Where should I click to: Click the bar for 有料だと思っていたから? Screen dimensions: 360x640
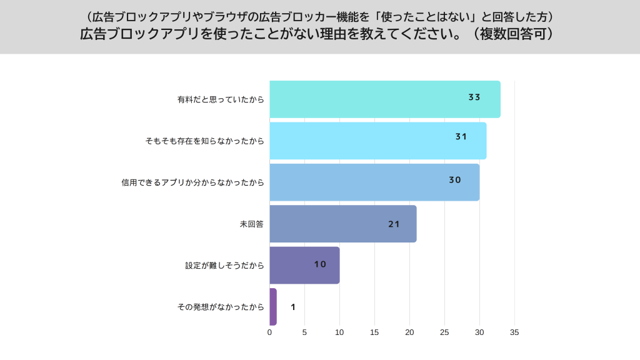point(375,99)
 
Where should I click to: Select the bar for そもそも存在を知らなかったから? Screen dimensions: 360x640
point(375,141)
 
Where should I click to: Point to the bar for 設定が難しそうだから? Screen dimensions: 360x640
point(300,265)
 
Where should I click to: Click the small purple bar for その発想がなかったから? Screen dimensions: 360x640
point(273,307)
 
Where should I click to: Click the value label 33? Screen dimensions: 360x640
point(474,97)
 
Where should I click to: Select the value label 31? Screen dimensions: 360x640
point(461,137)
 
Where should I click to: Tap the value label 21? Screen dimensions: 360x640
point(394,224)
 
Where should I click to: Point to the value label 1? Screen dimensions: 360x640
point(293,307)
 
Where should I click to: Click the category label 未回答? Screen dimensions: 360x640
point(252,224)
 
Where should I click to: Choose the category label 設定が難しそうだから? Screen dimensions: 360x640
point(224,265)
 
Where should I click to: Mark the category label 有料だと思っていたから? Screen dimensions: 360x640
point(221,99)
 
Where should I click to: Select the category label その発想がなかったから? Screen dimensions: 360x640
point(221,307)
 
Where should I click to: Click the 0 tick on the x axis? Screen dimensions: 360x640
point(270,332)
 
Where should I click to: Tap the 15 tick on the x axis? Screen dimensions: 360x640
point(374,332)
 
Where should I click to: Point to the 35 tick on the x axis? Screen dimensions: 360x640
point(514,332)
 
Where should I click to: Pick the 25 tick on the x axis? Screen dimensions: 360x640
point(444,332)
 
